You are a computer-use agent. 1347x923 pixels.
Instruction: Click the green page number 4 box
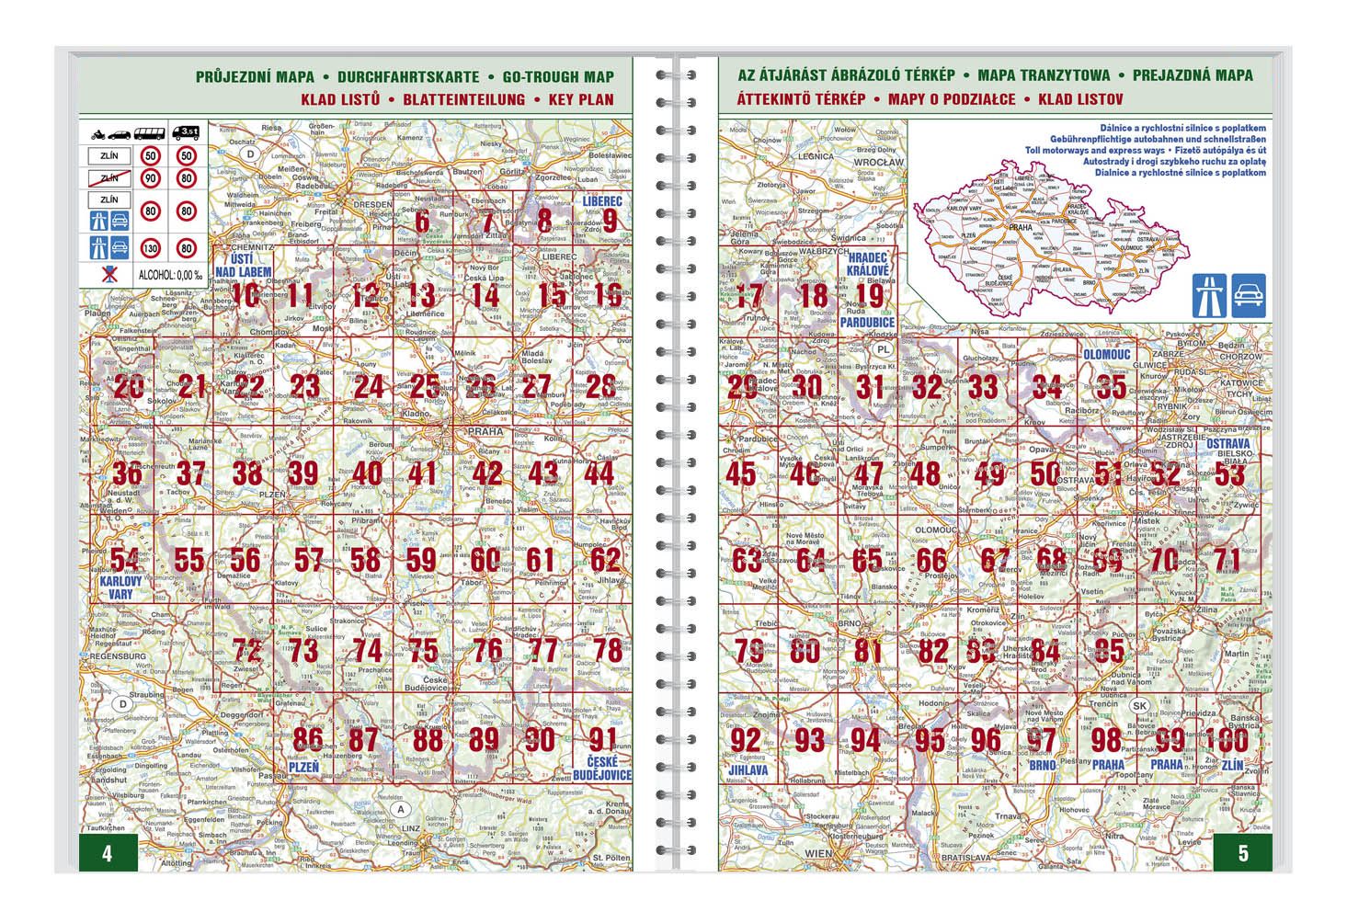tap(108, 853)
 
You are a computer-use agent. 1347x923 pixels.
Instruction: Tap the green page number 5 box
tap(1242, 853)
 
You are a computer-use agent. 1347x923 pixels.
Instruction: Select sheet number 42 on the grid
tap(487, 473)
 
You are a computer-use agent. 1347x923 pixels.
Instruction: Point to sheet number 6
tap(421, 222)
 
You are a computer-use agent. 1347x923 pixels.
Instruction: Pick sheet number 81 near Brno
tap(867, 650)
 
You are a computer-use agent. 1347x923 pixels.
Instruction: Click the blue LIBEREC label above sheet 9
tap(601, 200)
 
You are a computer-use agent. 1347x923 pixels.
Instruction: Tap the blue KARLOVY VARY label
tap(120, 587)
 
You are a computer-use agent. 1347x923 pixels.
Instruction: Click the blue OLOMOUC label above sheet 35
tap(1106, 354)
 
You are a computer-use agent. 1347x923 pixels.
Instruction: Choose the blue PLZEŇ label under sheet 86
tap(303, 767)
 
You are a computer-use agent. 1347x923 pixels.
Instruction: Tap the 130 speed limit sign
tap(150, 247)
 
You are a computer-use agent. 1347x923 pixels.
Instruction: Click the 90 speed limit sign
tap(150, 177)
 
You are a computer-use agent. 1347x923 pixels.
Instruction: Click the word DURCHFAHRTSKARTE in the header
tap(407, 77)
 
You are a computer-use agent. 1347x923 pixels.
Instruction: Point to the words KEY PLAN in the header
tap(580, 99)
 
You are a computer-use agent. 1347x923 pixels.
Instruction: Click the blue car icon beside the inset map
tap(1249, 295)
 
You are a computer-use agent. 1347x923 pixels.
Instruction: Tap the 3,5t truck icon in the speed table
tap(188, 132)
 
